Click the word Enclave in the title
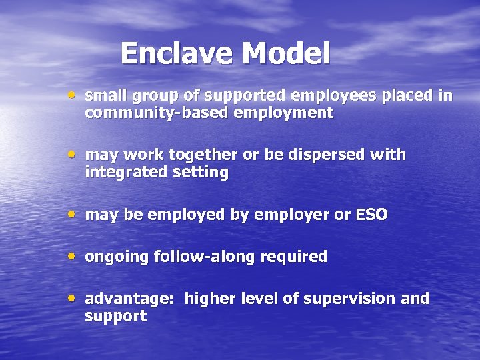click(177, 53)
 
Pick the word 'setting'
click(200, 173)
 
